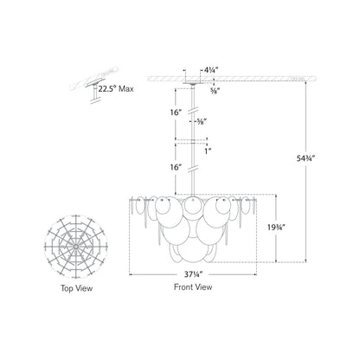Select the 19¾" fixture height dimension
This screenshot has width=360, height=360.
click(276, 228)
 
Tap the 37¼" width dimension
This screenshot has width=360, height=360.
click(193, 274)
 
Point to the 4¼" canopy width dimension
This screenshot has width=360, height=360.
click(211, 69)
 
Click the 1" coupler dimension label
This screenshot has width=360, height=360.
click(209, 151)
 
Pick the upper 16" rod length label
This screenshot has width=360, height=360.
click(176, 112)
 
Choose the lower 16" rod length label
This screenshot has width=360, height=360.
click(176, 167)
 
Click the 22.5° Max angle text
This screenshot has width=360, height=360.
click(116, 89)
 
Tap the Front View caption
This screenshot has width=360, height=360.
click(193, 287)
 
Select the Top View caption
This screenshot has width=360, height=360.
click(76, 288)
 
